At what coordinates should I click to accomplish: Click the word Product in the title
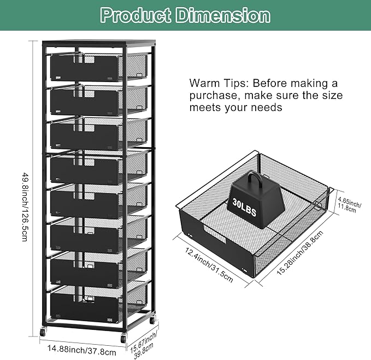pos(136,15)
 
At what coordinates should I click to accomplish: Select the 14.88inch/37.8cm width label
pos(82,350)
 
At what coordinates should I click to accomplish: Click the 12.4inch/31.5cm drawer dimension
pos(209,265)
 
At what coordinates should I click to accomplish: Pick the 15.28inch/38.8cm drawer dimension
pos(300,252)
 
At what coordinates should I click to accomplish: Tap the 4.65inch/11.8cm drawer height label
pos(350,204)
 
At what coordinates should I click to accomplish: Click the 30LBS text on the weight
pos(244,207)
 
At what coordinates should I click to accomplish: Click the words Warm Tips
pos(219,83)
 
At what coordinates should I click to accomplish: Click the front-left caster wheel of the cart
pos(43,332)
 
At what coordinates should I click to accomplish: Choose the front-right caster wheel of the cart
pos(123,338)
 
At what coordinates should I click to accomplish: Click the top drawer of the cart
pos(98,67)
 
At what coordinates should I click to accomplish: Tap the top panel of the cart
pos(99,43)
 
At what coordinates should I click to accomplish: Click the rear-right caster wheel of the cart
pos(152,320)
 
